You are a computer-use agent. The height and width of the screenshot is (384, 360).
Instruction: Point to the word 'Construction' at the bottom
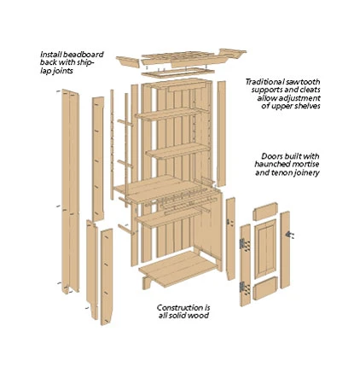coord(177,307)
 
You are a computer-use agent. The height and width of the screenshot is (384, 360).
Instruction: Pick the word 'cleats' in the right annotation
coord(310,90)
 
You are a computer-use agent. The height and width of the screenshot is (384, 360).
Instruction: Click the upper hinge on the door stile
coord(242,244)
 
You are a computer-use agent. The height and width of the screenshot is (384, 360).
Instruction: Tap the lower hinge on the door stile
coord(242,287)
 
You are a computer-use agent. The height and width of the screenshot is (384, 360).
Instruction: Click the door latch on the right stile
coord(289,235)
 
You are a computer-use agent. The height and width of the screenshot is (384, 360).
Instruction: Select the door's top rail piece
coord(265,212)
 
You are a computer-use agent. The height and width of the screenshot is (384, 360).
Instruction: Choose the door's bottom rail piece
coord(265,288)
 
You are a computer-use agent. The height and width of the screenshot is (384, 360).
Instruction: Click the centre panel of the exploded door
coord(265,249)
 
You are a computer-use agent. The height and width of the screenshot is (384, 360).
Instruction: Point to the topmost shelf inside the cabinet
coord(168,113)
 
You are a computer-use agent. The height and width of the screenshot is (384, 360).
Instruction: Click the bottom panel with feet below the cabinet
coord(178,270)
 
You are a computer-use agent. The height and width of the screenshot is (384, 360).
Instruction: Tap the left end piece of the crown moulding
coord(128,61)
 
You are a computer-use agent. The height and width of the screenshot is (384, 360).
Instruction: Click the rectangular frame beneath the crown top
coord(177,72)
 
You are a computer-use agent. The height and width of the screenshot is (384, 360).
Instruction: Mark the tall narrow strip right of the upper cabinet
coord(222,134)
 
